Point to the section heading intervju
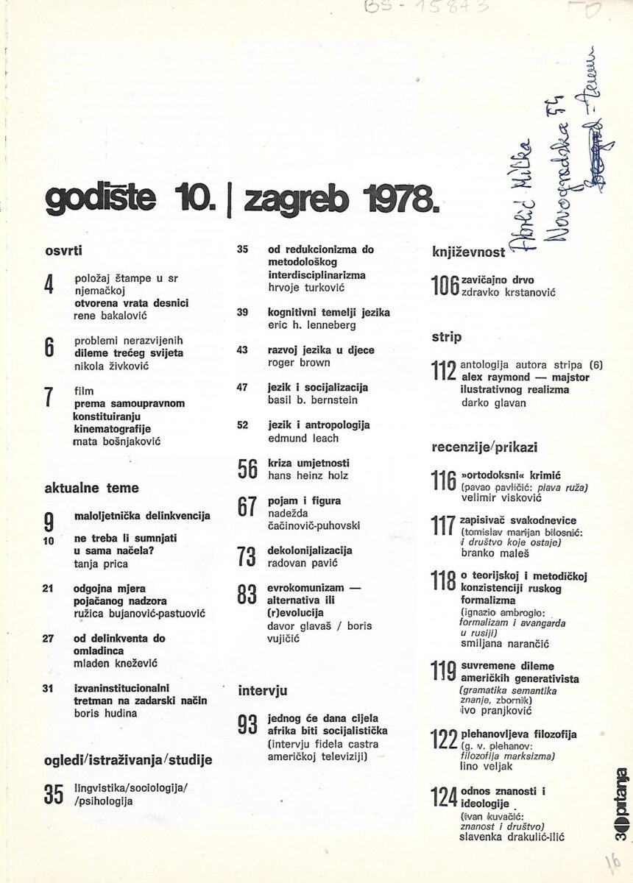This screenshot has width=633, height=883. tap(262, 691)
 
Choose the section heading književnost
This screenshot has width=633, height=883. tap(468, 253)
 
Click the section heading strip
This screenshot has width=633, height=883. tap(446, 337)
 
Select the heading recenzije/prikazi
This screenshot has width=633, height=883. tap(484, 447)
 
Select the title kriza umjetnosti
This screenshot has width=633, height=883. tap(308, 464)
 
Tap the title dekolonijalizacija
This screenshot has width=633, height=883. tap(310, 550)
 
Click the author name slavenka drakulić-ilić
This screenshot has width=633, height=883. tap(510, 837)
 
